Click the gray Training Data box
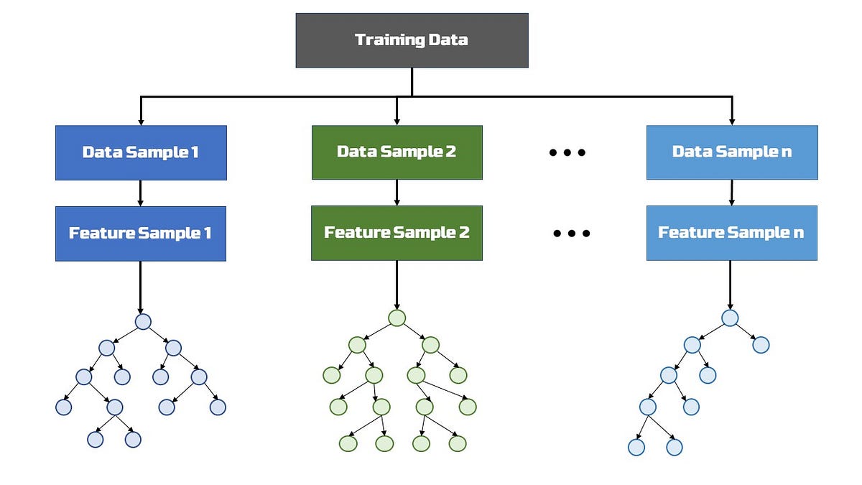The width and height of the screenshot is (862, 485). click(x=412, y=40)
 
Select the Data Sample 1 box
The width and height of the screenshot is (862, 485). click(x=141, y=152)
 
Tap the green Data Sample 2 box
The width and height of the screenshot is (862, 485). click(x=397, y=152)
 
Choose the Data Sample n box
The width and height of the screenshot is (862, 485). click(x=731, y=152)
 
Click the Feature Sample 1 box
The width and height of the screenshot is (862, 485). click(x=141, y=234)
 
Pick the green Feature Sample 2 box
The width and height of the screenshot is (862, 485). click(x=397, y=233)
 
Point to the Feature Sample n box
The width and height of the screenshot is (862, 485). click(x=731, y=233)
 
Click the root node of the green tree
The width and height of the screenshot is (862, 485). click(x=397, y=318)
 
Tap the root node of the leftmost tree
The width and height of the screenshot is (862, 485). click(x=143, y=321)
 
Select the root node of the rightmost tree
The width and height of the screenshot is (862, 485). click(x=730, y=318)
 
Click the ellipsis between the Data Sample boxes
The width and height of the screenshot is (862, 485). click(x=567, y=152)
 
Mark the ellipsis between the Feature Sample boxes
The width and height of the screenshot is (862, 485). click(x=572, y=234)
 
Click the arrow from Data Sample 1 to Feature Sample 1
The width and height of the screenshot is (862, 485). click(x=141, y=193)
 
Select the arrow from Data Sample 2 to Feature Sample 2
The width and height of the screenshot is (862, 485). click(x=397, y=192)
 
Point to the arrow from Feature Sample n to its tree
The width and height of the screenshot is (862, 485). click(x=731, y=284)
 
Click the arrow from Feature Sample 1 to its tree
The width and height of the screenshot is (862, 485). click(x=141, y=286)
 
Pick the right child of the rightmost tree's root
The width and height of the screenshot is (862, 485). click(x=761, y=345)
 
